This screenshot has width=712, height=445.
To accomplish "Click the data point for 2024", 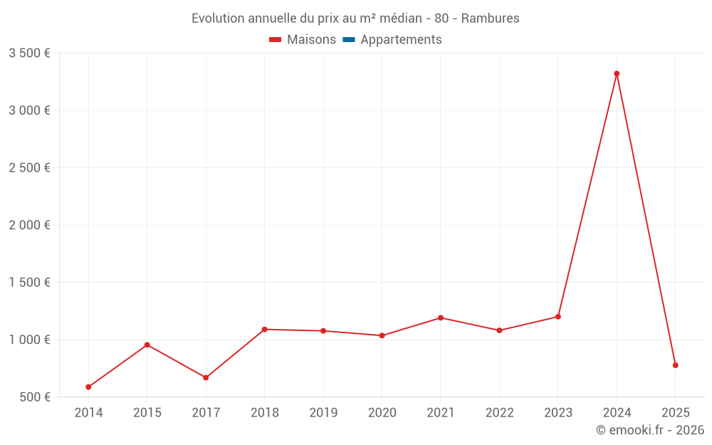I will [617, 73].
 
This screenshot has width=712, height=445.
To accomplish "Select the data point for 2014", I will [88, 387].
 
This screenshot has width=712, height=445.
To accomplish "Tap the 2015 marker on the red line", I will [147, 345].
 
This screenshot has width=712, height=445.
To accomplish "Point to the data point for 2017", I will [206, 377].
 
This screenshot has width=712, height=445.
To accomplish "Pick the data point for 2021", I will [441, 318].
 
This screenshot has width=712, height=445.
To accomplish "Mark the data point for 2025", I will [676, 365].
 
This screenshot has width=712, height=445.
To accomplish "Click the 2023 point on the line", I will [558, 317].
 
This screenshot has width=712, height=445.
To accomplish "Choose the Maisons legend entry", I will [303, 40].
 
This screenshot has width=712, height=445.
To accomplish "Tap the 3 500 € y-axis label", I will [29, 53].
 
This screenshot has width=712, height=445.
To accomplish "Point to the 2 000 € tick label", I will [29, 225].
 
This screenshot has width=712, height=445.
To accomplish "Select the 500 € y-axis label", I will [34, 397].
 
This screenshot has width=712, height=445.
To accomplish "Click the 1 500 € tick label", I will [29, 283].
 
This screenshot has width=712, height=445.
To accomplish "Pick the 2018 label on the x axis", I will [264, 413].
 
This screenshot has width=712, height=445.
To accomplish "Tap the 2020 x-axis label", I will [382, 413].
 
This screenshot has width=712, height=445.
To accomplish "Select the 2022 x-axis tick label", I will [499, 413].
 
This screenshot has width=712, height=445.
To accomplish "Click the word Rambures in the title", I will [491, 19].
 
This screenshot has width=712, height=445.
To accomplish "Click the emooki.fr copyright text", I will [650, 430].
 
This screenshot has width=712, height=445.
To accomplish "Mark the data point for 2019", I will [323, 331].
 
